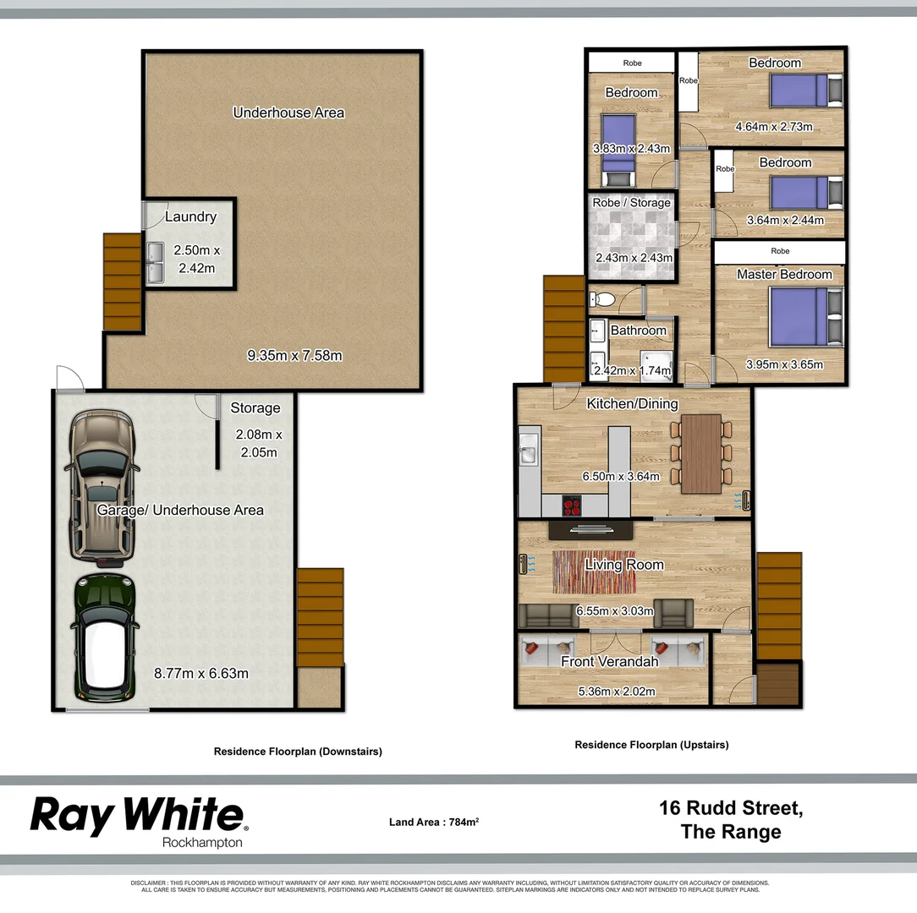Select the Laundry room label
click(x=190, y=216)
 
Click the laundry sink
click(x=155, y=263)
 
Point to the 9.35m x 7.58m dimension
click(x=294, y=356)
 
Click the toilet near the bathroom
click(x=602, y=298)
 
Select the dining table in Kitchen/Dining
click(x=701, y=453)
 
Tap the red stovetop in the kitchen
click(x=573, y=506)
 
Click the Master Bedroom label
click(x=784, y=275)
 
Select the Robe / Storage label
click(x=631, y=203)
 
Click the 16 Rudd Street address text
click(x=731, y=808)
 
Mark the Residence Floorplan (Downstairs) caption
click(x=298, y=752)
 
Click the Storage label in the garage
click(x=255, y=408)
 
